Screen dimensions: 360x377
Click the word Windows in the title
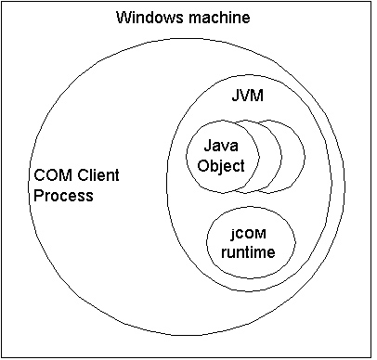[145, 18]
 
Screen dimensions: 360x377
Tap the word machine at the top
[218, 18]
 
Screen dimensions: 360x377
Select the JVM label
[243, 96]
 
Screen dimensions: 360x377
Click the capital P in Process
[38, 196]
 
